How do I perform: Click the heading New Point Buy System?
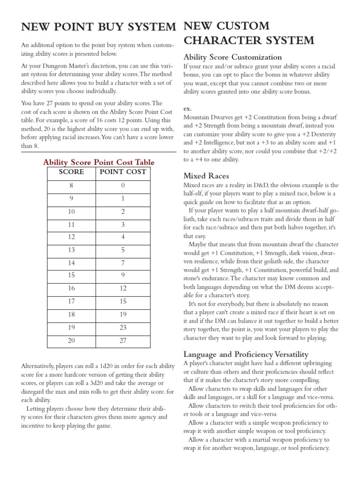[98, 27]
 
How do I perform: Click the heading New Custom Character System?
[248, 33]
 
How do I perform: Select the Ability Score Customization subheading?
[232, 57]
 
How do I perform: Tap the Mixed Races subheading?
[206, 176]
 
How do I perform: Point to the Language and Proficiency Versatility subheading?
[246, 354]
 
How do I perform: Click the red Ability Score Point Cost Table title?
[98, 162]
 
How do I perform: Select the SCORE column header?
[71, 172]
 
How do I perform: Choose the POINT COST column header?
[123, 172]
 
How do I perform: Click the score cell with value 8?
[71, 186]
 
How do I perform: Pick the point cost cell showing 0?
[123, 186]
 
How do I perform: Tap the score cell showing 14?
[71, 263]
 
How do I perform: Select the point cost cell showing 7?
[123, 263]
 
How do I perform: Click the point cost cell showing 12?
[123, 289]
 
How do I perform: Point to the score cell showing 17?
[71, 302]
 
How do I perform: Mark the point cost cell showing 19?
[123, 315]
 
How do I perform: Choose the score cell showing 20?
[71, 341]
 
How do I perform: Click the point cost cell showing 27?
[123, 341]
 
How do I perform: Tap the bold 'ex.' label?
[187, 108]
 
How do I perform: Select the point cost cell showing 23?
[123, 328]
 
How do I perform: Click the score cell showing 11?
[71, 225]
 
